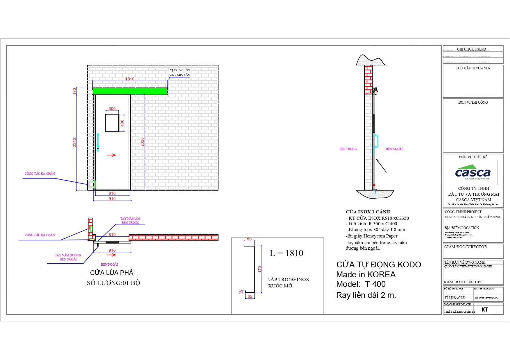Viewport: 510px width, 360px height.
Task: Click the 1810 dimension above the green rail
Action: [130, 79]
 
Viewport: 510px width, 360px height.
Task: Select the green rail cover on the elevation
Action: [130, 91]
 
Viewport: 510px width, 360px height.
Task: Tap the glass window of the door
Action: [112, 123]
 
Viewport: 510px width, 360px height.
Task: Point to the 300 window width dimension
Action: [112, 109]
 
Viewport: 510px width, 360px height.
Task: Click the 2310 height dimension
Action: [74, 142]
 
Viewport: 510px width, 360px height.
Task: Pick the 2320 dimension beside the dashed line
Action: [142, 142]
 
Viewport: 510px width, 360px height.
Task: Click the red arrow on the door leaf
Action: [111, 155]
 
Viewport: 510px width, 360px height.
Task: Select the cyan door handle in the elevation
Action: [98, 142]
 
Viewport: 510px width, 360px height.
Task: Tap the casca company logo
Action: [473, 172]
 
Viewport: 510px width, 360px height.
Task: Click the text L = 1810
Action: [286, 253]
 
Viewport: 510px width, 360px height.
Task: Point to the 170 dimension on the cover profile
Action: [260, 269]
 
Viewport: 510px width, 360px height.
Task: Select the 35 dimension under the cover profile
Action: [250, 296]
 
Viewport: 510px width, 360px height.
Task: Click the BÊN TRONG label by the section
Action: [348, 149]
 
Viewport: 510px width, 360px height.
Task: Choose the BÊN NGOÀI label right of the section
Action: [394, 149]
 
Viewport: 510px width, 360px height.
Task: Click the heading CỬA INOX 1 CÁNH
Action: [368, 212]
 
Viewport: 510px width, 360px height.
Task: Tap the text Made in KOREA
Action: [366, 274]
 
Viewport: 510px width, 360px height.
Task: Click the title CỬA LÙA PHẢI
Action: [112, 273]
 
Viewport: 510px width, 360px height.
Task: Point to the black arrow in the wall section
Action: [381, 165]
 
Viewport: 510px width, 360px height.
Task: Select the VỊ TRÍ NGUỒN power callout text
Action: [180, 72]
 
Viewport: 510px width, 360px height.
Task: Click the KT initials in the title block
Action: [484, 309]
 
